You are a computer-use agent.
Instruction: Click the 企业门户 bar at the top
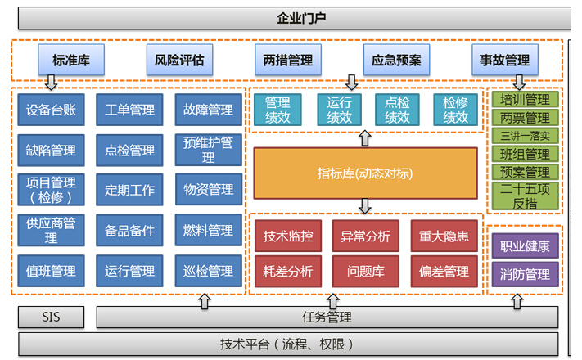point(295,18)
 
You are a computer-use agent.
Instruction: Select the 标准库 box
point(71,60)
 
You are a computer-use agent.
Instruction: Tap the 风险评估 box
point(179,60)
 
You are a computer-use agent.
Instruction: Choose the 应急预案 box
point(396,60)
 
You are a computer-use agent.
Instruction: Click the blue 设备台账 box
point(51,110)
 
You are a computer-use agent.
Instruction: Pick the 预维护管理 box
point(208,150)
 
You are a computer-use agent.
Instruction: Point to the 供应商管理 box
point(51,230)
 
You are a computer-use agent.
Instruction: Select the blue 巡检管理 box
point(208,271)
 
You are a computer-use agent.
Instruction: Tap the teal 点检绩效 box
point(397,110)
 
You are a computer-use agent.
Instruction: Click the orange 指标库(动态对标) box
point(365,173)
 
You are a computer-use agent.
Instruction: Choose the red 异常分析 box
point(366,236)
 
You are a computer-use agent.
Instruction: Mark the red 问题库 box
point(366,271)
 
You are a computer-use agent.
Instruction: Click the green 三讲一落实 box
point(525,136)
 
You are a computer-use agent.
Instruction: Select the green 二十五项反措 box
point(525,196)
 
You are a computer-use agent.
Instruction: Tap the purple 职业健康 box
point(525,245)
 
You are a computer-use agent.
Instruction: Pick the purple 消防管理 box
point(525,274)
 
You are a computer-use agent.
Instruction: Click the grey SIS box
point(51,317)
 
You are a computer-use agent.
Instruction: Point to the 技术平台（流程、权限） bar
point(288,344)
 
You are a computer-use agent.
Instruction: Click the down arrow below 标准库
point(51,83)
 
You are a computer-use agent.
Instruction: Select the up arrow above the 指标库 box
point(365,138)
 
